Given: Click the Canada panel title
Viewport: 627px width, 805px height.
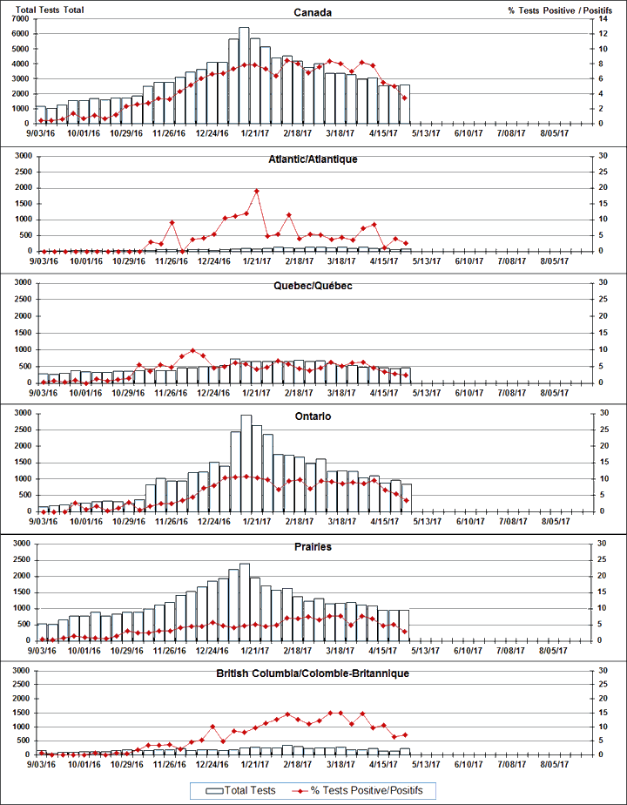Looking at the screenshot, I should tap(313, 12).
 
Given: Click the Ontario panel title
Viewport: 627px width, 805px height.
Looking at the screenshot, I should tap(313, 416).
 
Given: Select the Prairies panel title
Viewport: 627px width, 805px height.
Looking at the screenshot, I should tap(313, 547).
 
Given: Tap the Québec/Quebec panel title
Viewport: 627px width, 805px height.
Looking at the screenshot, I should tap(313, 286).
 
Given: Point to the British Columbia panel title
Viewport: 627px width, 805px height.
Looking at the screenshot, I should tap(313, 673).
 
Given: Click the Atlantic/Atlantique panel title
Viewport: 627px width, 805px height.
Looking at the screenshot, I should tap(313, 159).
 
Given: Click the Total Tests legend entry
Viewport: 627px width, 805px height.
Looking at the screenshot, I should tap(243, 789).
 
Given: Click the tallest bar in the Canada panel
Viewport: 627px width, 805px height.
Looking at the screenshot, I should tap(245, 75).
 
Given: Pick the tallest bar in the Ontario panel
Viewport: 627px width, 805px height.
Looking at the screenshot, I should tap(246, 463).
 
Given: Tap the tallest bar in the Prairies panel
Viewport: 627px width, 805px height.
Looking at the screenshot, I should tap(245, 601).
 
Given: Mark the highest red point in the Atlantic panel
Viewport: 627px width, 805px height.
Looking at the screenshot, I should tap(256, 191).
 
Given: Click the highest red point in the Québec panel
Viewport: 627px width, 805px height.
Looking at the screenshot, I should tap(192, 350).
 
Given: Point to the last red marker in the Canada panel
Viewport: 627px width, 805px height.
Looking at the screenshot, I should tap(404, 98).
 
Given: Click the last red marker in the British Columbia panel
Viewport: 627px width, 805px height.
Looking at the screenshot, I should tap(405, 734).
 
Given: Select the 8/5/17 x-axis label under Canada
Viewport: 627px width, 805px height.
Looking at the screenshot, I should tap(555, 133).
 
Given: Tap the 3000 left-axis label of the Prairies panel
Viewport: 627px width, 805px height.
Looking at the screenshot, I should tap(22, 543).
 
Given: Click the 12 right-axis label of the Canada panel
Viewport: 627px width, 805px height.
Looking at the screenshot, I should tap(592, 33).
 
